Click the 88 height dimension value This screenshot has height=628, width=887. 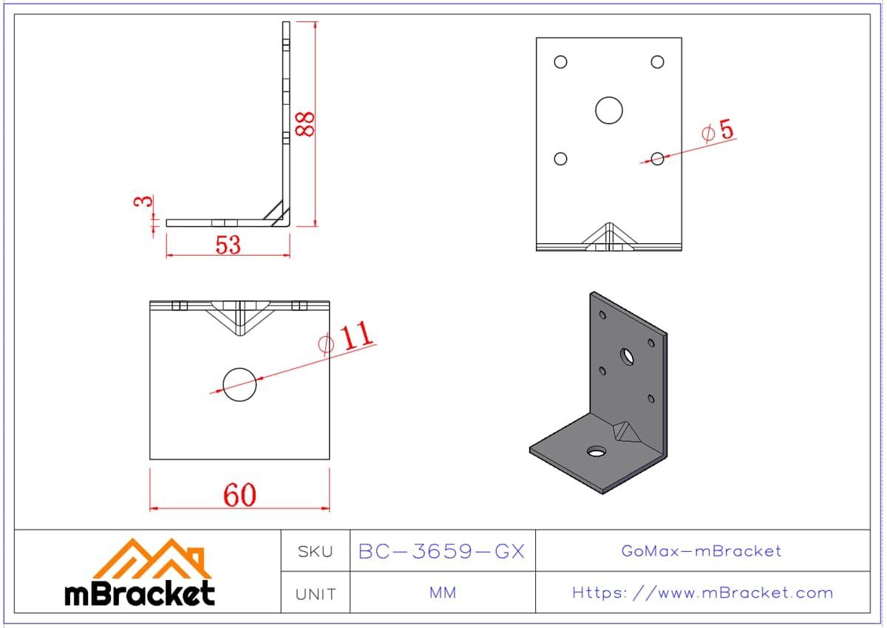click(x=305, y=124)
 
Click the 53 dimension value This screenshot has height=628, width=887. click(x=228, y=245)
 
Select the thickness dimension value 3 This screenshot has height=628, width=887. click(x=143, y=202)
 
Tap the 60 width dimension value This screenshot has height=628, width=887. click(x=240, y=495)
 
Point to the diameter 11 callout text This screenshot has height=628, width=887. click(x=345, y=337)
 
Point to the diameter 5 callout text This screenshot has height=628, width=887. click(x=718, y=130)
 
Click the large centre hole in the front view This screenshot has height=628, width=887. click(x=609, y=110)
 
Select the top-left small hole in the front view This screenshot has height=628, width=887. click(x=561, y=62)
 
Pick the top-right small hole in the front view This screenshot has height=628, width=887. click(x=657, y=62)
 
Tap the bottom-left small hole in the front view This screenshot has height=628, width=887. click(x=561, y=159)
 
